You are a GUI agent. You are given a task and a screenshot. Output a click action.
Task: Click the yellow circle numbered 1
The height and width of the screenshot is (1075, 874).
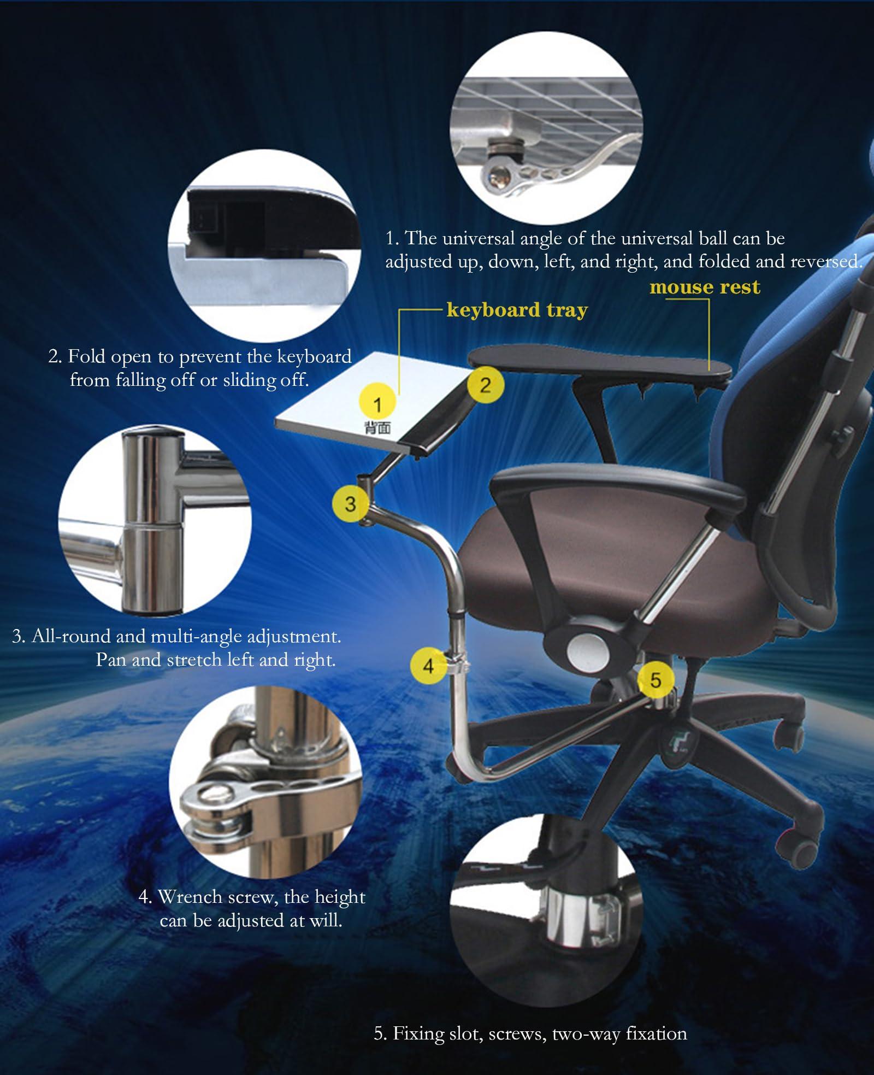pyautogui.click(x=377, y=404)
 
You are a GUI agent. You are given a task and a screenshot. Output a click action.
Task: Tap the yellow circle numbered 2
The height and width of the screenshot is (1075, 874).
pyautogui.click(x=485, y=385)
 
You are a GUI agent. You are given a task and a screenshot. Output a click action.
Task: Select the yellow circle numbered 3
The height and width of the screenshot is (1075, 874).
pyautogui.click(x=350, y=503)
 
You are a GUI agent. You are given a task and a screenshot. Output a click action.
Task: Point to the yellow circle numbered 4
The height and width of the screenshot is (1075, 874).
pyautogui.click(x=428, y=665)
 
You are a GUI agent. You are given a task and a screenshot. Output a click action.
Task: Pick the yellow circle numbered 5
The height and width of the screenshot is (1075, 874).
pyautogui.click(x=655, y=680)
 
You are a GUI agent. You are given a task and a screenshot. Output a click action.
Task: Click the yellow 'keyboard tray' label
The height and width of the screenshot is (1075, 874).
pyautogui.click(x=517, y=310)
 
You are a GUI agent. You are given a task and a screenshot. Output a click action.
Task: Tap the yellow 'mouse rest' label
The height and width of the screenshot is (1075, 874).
pyautogui.click(x=705, y=287)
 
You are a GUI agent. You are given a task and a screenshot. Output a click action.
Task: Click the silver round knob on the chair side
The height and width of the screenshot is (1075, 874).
pyautogui.click(x=587, y=649)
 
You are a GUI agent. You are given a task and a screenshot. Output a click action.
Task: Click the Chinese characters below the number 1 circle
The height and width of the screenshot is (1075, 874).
pyautogui.click(x=377, y=427)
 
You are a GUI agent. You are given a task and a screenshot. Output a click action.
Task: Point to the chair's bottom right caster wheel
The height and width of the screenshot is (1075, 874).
pyautogui.click(x=803, y=850)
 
